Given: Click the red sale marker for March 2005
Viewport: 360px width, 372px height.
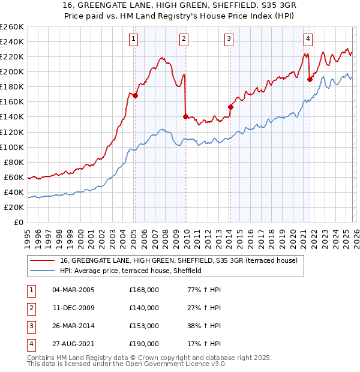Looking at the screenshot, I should (x=136, y=95).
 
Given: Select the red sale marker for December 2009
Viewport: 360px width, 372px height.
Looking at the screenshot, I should (x=185, y=116).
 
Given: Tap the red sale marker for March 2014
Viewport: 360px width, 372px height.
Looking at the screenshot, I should (x=230, y=107).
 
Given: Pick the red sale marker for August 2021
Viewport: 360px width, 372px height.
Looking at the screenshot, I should (x=310, y=79).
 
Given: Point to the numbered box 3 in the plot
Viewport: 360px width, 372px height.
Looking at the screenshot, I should (x=229, y=40).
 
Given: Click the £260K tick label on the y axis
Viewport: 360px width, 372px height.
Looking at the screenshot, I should (x=12, y=27).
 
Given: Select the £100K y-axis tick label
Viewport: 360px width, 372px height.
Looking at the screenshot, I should (x=12, y=147).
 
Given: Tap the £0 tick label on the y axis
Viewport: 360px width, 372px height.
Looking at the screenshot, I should (x=18, y=222).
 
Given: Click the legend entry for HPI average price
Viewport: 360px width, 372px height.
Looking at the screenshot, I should (x=130, y=271).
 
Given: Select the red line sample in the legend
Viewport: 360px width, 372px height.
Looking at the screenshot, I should (x=42, y=261).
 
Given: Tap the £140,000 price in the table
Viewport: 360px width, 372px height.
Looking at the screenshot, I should (x=144, y=308).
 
